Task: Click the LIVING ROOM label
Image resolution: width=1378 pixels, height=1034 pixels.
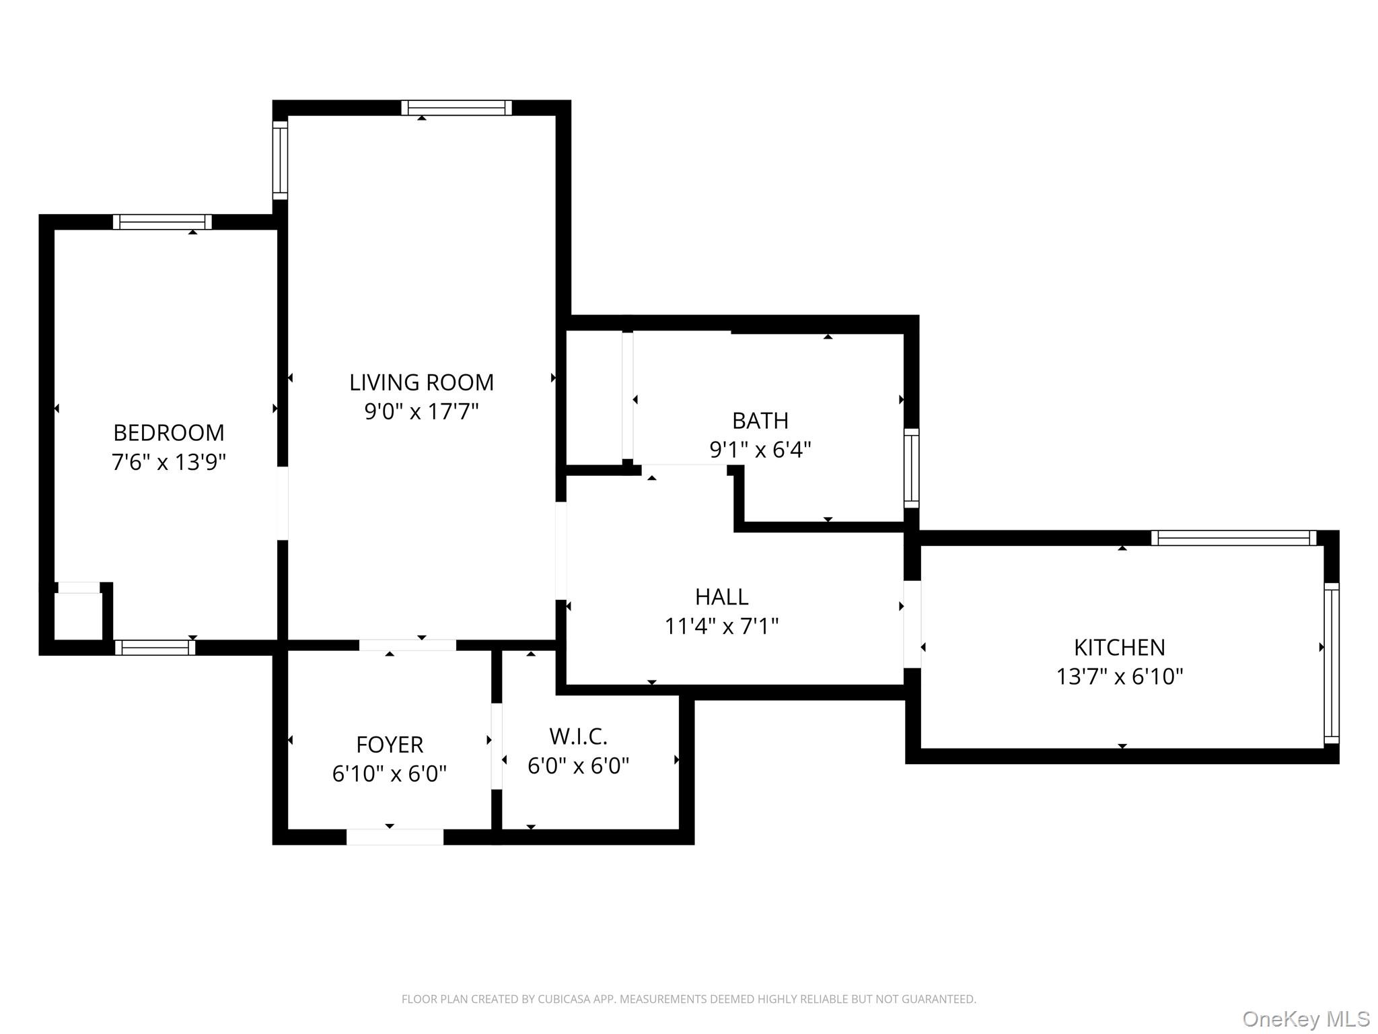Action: pyautogui.click(x=421, y=382)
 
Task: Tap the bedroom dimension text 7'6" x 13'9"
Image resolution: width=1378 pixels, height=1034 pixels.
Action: pyautogui.click(x=168, y=462)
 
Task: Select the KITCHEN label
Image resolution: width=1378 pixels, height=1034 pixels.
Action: pyautogui.click(x=1119, y=647)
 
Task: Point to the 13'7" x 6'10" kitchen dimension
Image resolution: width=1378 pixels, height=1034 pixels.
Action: pyautogui.click(x=1119, y=677)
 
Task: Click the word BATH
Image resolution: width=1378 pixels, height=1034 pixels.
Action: pyautogui.click(x=760, y=421)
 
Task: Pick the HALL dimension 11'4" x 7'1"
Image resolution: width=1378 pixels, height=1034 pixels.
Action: pyautogui.click(x=721, y=627)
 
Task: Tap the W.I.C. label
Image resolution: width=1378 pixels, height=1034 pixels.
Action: pyautogui.click(x=578, y=736)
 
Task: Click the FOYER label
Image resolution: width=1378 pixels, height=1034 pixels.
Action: pyautogui.click(x=390, y=745)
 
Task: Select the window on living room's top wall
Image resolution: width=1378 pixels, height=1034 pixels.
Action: pyautogui.click(x=456, y=108)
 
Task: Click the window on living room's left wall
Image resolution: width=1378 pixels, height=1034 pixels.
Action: pyautogui.click(x=280, y=160)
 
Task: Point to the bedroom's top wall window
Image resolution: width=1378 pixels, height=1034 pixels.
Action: pyautogui.click(x=162, y=222)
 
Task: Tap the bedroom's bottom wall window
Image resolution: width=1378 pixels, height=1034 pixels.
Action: pyautogui.click(x=155, y=648)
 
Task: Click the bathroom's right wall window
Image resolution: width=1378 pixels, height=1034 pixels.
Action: pyautogui.click(x=911, y=468)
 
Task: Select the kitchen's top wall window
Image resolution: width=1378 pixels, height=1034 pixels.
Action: pyautogui.click(x=1233, y=538)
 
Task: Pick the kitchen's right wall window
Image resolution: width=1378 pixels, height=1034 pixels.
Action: pyautogui.click(x=1331, y=663)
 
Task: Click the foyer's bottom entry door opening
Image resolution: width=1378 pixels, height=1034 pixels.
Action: pyautogui.click(x=395, y=837)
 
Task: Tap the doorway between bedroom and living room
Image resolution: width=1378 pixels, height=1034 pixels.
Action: pyautogui.click(x=283, y=503)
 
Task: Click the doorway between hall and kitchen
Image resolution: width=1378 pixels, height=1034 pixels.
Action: pyautogui.click(x=912, y=624)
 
